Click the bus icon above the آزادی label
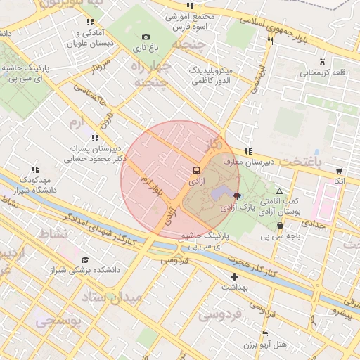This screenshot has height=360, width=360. pyautogui.click(x=196, y=170)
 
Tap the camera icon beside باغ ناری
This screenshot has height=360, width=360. pyautogui.click(x=146, y=37)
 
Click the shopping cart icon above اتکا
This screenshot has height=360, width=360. pyautogui.click(x=339, y=170)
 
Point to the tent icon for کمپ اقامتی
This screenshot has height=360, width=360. pyautogui.click(x=280, y=191)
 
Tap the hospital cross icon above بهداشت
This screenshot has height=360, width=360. pyautogui.click(x=234, y=276)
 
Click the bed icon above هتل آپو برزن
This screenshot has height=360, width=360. pyautogui.click(x=264, y=333)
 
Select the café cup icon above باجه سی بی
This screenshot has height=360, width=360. pyautogui.click(x=281, y=225)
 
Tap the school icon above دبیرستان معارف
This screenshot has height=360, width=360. pyautogui.click(x=247, y=151)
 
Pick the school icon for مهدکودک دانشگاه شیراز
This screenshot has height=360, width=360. pyautogui.click(x=35, y=169)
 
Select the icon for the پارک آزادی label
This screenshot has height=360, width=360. pyautogui.click(x=236, y=196)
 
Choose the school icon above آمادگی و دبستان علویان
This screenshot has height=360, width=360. pyautogui.click(x=89, y=22)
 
